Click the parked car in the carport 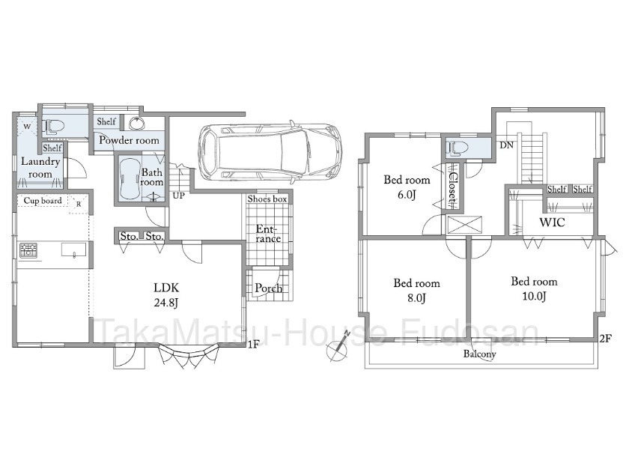coord(270,153)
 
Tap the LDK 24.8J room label coord(166,295)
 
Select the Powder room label coord(129,140)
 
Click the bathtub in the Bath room coord(129,179)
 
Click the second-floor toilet coord(458,148)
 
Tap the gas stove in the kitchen coord(28,250)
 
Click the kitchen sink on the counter coord(73,249)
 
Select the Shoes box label coord(267,199)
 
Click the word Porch coord(268,288)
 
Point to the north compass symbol coord(338,347)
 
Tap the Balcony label coord(480,354)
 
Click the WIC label coord(552,222)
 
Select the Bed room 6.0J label coord(407,187)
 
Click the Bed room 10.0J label coord(534,288)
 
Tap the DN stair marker coord(507,145)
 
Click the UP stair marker coord(179,196)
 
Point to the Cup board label coord(43,201)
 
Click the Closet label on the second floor coord(452,187)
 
